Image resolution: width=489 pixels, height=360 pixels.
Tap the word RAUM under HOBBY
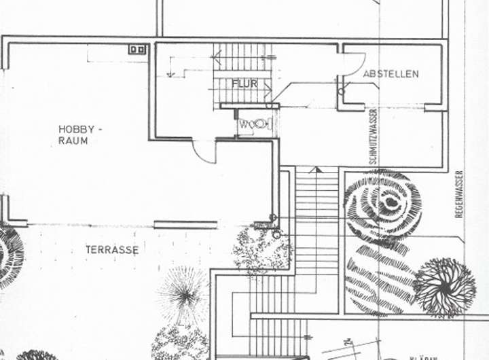pyautogui.click(x=73, y=141)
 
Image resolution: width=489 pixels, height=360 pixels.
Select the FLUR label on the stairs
pyautogui.click(x=244, y=84)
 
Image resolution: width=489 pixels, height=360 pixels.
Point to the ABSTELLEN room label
pyautogui.click(x=391, y=73)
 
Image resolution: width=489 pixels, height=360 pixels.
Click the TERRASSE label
pyautogui.click(x=112, y=250)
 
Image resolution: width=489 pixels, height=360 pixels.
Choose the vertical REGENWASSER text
pyautogui.click(x=459, y=194)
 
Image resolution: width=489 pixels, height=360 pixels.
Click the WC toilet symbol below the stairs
pyautogui.click(x=255, y=124)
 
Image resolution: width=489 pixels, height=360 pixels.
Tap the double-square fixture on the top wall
pyautogui.click(x=137, y=50)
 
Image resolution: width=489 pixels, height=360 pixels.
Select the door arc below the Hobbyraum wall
pyautogui.click(x=202, y=153)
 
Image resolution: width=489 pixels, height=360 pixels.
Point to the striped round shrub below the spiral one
pyautogui.click(x=380, y=278)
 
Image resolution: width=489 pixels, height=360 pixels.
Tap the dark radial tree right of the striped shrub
pyautogui.click(x=445, y=286)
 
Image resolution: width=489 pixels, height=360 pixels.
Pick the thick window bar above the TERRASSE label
pyautogui.click(x=185, y=224)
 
